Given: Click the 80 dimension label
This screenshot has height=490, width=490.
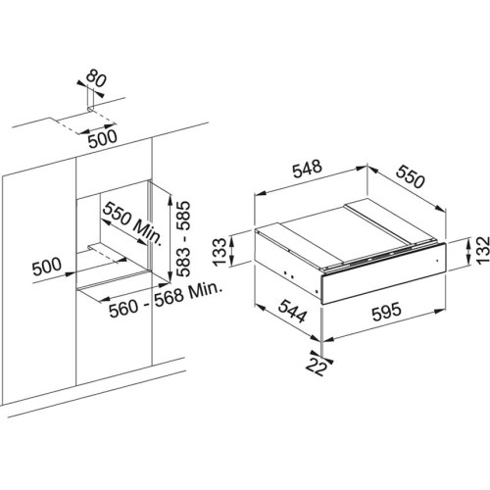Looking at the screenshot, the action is pyautogui.click(x=96, y=79).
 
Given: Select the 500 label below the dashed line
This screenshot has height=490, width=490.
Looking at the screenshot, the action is pyautogui.click(x=103, y=138).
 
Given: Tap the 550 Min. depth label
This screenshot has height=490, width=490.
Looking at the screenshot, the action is pyautogui.click(x=132, y=224).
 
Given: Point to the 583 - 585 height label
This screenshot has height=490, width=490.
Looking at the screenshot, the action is pyautogui.click(x=182, y=239).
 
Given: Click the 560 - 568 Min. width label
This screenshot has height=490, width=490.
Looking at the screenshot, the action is pyautogui.click(x=166, y=300).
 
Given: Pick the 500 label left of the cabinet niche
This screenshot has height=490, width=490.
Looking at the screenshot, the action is pyautogui.click(x=46, y=266).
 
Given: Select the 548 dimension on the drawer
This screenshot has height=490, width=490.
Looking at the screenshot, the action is pyautogui.click(x=307, y=169).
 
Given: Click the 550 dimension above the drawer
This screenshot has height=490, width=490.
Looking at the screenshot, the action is pyautogui.click(x=411, y=176).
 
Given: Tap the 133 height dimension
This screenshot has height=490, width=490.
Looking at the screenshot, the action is pyautogui.click(x=219, y=252).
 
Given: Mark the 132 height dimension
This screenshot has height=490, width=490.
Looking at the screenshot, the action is pyautogui.click(x=483, y=250).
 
